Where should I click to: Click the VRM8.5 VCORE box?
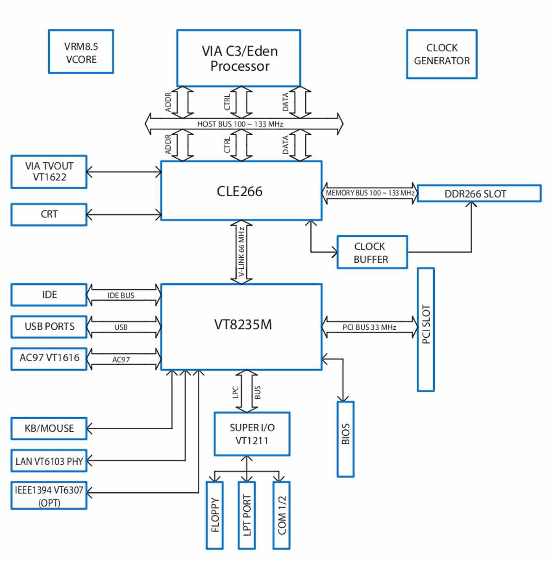coord(81,52)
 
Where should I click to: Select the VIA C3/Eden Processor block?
coord(239,58)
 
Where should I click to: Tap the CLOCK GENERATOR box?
coord(442,54)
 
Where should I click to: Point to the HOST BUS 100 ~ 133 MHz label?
coord(240,124)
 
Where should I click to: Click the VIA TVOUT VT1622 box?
coord(49,172)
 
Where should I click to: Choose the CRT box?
coord(49,215)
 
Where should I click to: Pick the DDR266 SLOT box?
coord(479,193)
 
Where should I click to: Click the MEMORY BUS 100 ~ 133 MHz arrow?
coord(370,193)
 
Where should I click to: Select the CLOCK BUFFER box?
coord(372,252)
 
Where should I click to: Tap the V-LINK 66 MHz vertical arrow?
coord(241,252)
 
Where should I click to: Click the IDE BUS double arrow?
coord(124,295)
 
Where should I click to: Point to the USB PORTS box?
coord(49,327)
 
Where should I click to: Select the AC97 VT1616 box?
coord(49,359)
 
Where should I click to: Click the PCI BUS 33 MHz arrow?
coord(370,327)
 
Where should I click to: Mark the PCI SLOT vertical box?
coord(425,329)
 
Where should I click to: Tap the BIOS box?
coord(345,439)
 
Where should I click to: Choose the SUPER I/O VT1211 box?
coord(252,434)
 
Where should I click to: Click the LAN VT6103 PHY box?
coord(49,461)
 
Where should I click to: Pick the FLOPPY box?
coord(215,515)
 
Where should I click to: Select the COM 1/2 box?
coord(282,515)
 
